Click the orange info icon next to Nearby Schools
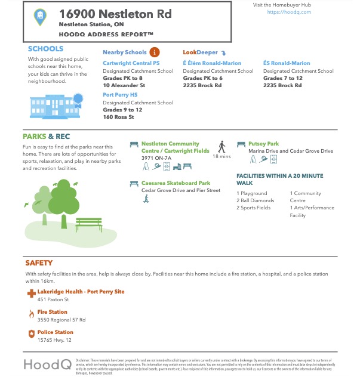(155, 52)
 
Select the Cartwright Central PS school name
(131, 63)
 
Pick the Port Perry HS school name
(119, 94)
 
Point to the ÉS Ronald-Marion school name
(287, 63)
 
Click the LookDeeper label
(201, 52)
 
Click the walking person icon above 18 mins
(221, 146)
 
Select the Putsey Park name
(263, 144)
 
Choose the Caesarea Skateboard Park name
(176, 183)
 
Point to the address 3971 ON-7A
(156, 158)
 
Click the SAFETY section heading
(39, 262)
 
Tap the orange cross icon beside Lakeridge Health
(31, 293)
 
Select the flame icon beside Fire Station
(31, 313)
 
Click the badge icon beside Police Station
(31, 333)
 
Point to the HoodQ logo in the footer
(48, 364)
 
